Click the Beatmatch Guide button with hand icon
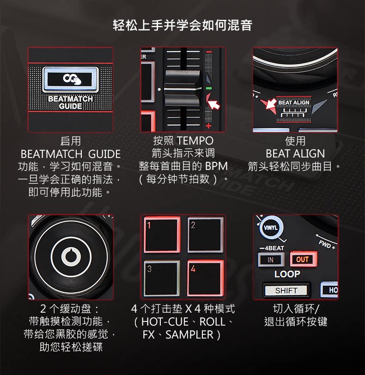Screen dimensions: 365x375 coord(71,79)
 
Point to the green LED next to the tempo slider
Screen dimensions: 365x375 coord(208,87)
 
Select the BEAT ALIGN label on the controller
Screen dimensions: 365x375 coord(293,103)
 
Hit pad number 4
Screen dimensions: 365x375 coord(206,278)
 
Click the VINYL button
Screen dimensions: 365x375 coord(270,228)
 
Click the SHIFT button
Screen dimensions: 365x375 coord(286,290)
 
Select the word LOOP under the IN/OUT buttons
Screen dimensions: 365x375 coord(287,274)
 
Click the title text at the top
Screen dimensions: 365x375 coord(182,25)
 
